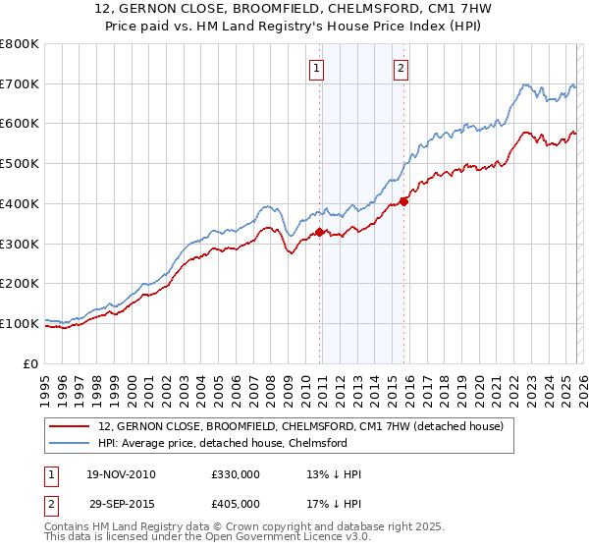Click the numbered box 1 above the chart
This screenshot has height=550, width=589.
pyautogui.click(x=318, y=68)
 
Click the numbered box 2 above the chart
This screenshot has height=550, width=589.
pyautogui.click(x=402, y=68)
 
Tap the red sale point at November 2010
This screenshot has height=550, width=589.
pyautogui.click(x=319, y=233)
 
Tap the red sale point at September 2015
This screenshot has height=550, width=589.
pyautogui.click(x=403, y=202)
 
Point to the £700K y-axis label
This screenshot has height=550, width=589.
pyautogui.click(x=20, y=84)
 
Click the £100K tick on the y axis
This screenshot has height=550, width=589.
pyautogui.click(x=20, y=323)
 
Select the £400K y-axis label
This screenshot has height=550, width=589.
pyautogui.click(x=20, y=203)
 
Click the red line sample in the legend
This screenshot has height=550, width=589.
pyautogui.click(x=71, y=426)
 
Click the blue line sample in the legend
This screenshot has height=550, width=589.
pyautogui.click(x=71, y=443)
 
